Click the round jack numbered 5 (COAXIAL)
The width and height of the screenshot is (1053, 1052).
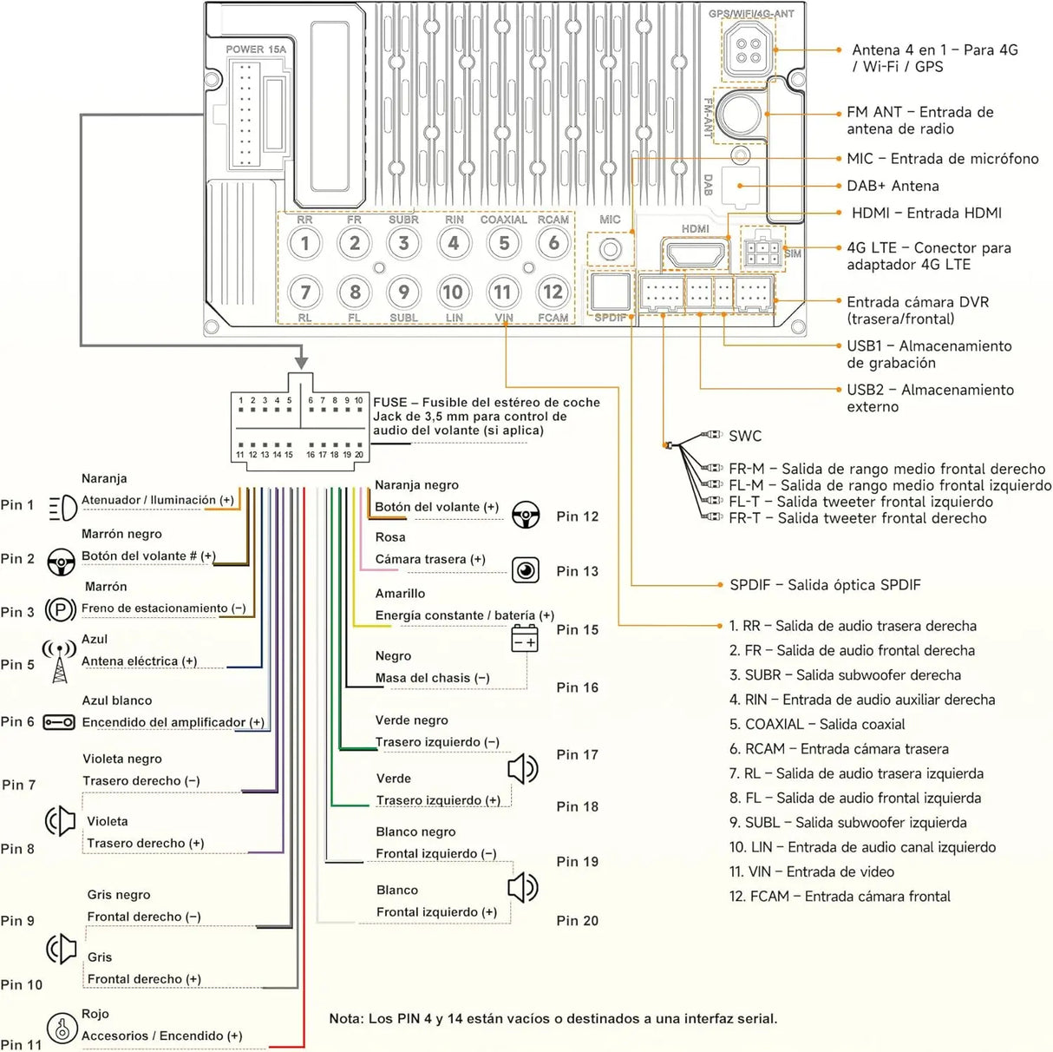tap(504, 243)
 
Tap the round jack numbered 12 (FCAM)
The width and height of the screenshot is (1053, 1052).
tap(553, 292)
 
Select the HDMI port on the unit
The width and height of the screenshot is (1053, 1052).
tap(695, 255)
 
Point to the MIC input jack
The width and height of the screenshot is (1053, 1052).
tap(611, 249)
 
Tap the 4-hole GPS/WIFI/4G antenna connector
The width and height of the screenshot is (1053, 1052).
tap(748, 50)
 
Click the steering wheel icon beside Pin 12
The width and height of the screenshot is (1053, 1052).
tap(526, 514)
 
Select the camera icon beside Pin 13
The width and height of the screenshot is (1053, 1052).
tap(526, 570)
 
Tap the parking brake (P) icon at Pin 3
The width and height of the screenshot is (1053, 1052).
tap(60, 609)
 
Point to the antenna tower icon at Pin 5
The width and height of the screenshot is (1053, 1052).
tap(60, 661)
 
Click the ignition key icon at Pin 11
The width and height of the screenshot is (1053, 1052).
tap(62, 1028)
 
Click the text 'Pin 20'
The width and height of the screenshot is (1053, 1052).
tap(577, 921)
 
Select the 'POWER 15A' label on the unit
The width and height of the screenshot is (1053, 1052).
tap(256, 49)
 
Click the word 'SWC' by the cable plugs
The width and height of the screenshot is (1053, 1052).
tap(745, 436)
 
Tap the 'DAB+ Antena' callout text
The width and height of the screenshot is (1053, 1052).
tap(893, 186)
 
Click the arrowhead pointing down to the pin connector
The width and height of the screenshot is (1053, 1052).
tap(301, 363)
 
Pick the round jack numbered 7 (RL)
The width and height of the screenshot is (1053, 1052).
tap(305, 292)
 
